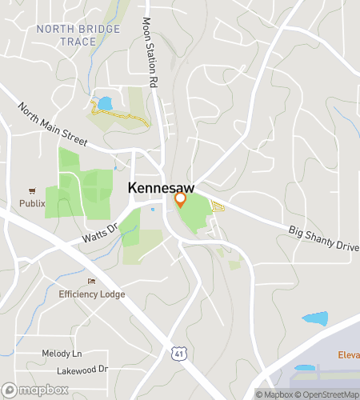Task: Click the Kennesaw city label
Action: pos(161,187)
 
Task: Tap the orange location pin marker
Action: pos(180,199)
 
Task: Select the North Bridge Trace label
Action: pos(78,35)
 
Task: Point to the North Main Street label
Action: pos(53,124)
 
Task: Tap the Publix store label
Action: pos(33,203)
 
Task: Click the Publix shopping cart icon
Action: pos(33,190)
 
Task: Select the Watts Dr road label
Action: pos(99,234)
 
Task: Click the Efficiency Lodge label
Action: pos(92,294)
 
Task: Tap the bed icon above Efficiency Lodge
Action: pos(91,282)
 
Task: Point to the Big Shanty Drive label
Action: pos(323,238)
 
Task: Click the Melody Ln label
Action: pos(62,353)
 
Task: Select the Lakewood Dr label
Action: pos(82,370)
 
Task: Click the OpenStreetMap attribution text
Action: pos(328,394)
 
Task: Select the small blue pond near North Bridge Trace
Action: pos(104,103)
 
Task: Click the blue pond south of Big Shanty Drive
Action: pos(315,318)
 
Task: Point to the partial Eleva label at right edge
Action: pos(348,354)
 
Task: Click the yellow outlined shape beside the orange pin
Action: pos(217,206)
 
